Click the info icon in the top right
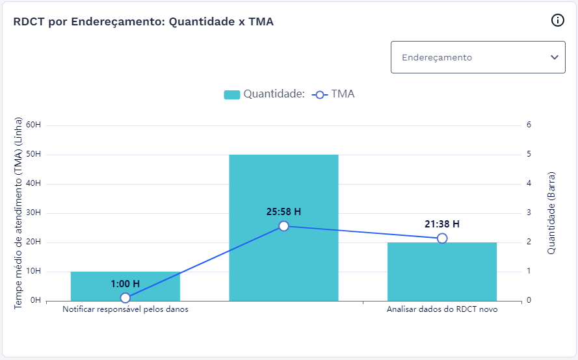tap(557, 21)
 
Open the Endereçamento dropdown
tap(478, 57)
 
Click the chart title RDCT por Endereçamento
tap(144, 21)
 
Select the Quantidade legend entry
tap(264, 94)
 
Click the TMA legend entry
tap(334, 94)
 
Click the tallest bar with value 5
tap(283, 195)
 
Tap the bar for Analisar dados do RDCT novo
tap(442, 273)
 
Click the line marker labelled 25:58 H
tap(283, 226)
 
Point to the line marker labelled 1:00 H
tap(125, 298)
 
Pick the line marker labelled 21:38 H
tap(442, 238)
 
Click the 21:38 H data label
tap(442, 224)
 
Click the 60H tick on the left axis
tap(34, 125)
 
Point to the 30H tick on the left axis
tap(34, 213)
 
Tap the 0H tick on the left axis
tap(36, 301)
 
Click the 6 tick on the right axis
tap(529, 125)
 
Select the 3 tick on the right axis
tap(529, 212)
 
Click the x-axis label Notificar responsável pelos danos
tap(125, 310)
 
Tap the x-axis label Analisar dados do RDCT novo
tap(442, 310)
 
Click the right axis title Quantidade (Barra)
tap(551, 212)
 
